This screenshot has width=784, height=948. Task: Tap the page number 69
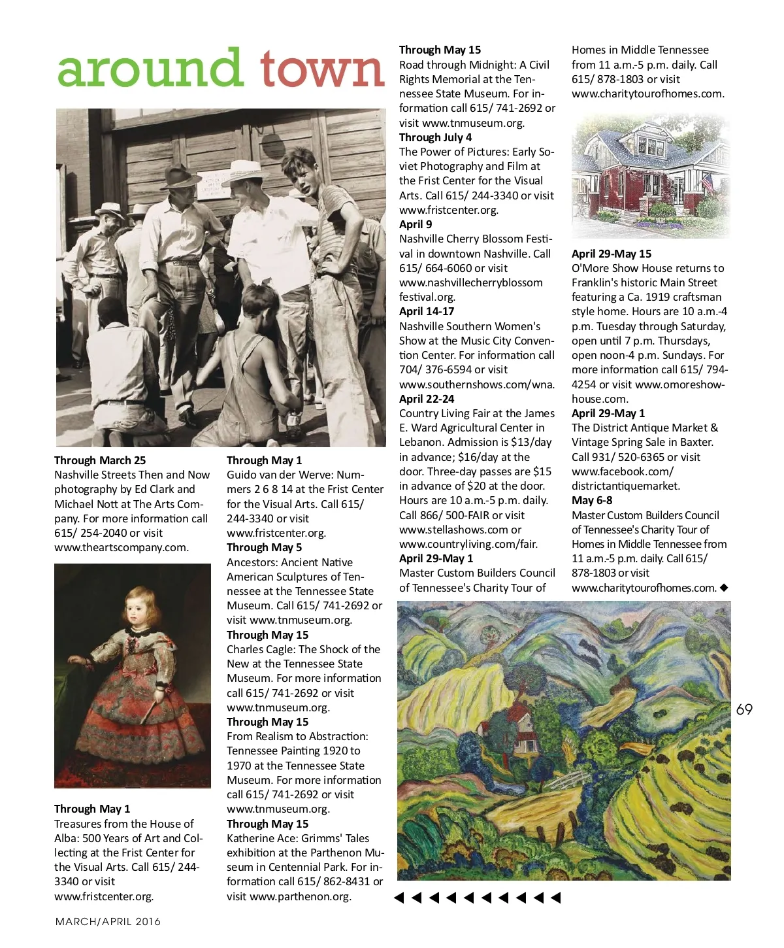[x=744, y=709]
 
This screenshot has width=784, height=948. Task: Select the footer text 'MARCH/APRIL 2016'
[x=108, y=921]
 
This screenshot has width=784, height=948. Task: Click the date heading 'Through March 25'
[x=100, y=460]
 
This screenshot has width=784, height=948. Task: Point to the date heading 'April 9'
[x=416, y=224]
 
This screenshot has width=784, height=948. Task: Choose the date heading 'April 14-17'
[x=427, y=311]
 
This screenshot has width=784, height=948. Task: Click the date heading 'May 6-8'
[x=592, y=500]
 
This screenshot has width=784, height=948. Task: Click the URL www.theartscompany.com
[x=121, y=547]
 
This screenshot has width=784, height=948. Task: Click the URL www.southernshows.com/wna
[x=477, y=384]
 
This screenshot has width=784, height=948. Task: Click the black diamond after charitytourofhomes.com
[x=724, y=588]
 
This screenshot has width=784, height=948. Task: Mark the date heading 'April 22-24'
[x=427, y=399]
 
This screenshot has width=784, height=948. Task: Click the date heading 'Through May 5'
[x=264, y=547]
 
